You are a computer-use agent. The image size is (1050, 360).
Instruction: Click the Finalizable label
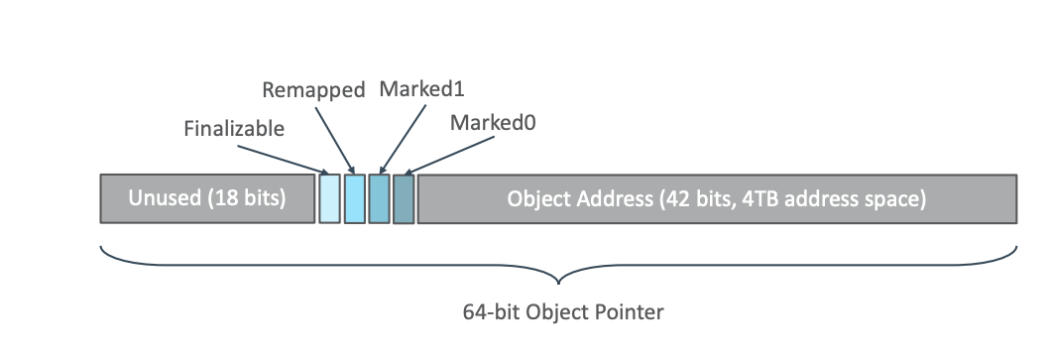coord(234,128)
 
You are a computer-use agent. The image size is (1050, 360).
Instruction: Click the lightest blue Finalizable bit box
coord(329,198)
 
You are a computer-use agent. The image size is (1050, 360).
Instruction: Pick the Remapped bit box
coord(354,198)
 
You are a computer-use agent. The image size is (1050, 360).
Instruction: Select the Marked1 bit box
coord(379,198)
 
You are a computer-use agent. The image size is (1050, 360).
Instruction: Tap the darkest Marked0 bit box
coord(403,198)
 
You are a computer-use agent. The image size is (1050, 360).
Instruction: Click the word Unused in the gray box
coord(164,198)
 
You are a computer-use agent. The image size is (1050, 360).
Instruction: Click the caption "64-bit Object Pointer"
coord(563,312)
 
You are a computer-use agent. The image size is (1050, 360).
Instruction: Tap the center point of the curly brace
coord(561,277)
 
